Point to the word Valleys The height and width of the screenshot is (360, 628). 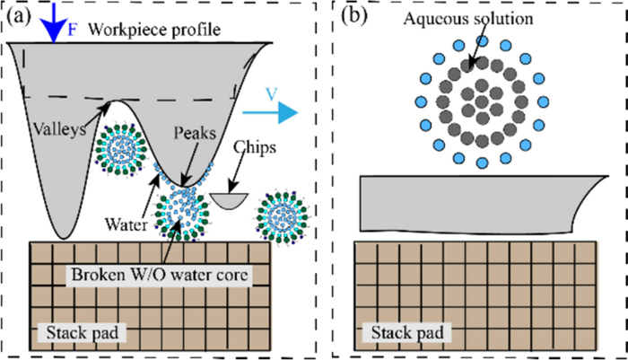[57, 129]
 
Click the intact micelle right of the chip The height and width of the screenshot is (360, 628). [283, 216]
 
